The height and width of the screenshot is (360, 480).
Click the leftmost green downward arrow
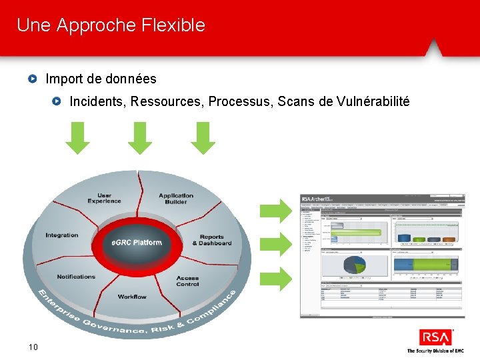78,138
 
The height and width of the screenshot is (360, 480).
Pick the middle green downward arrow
140,138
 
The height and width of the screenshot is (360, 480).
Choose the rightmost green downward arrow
203,138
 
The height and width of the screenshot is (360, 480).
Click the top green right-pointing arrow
276,210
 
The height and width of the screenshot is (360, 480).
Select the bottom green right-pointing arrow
276,278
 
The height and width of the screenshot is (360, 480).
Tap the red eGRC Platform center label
137,242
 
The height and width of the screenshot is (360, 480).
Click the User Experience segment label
104,198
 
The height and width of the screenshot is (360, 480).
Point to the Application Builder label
176,198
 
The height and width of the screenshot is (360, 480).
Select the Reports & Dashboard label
212,240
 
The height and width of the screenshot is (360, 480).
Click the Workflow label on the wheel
132,297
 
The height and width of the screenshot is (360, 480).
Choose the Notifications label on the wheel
76,277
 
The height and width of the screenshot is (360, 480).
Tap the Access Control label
187,281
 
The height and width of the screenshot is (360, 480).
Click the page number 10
33,346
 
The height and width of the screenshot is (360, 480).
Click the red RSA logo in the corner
435,337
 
